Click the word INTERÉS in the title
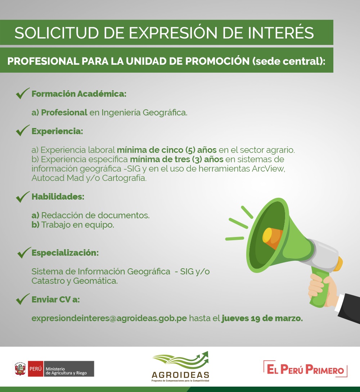pyautogui.click(x=281, y=33)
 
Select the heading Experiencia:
pyautogui.click(x=57, y=131)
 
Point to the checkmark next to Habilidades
pyautogui.click(x=23, y=196)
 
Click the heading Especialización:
pyautogui.click(x=65, y=253)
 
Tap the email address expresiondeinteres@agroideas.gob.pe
pyautogui.click(x=109, y=318)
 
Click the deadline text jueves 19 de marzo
pyautogui.click(x=262, y=318)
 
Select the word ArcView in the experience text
pyautogui.click(x=269, y=169)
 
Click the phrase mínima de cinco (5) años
pyautogui.click(x=167, y=150)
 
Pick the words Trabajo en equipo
pyautogui.click(x=77, y=225)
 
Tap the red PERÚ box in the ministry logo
pyautogui.click(x=36, y=369)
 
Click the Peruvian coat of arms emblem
pyautogui.click(x=20, y=369)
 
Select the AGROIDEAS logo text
pyautogui.click(x=180, y=375)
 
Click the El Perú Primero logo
pyautogui.click(x=306, y=369)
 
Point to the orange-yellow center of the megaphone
pyautogui.click(x=272, y=238)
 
